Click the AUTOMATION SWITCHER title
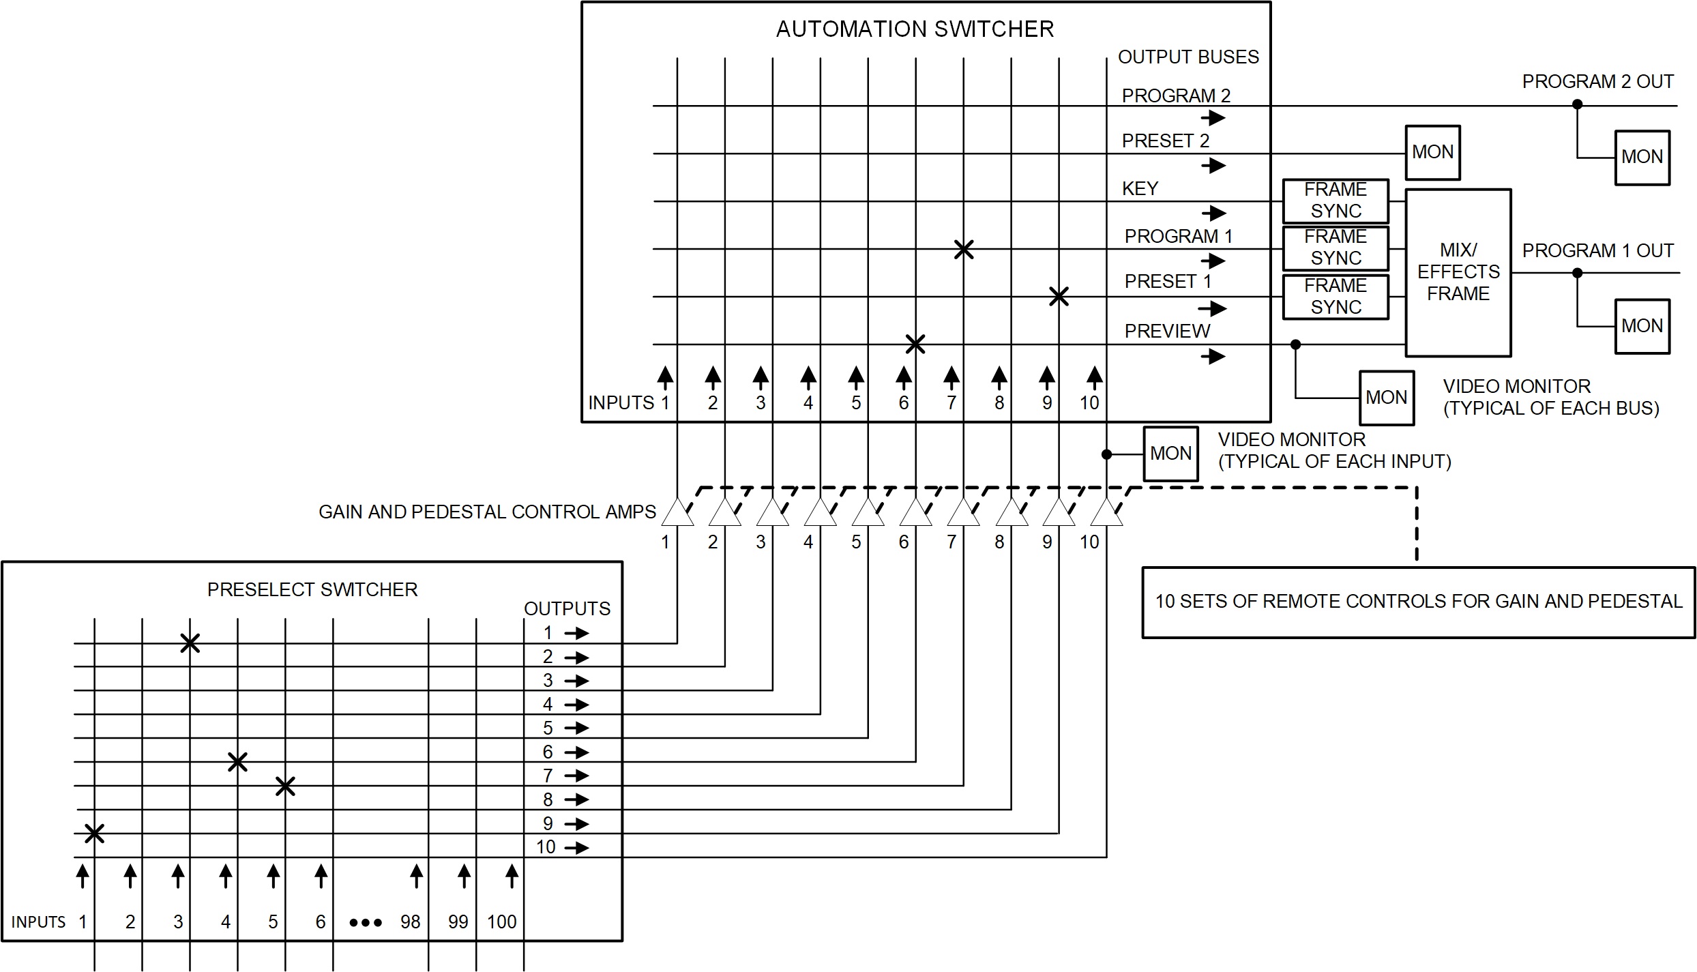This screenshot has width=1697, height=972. [915, 29]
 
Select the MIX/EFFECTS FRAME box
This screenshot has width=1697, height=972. [1458, 273]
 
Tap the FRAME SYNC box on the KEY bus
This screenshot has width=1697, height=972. [1335, 201]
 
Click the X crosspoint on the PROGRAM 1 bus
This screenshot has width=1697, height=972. [963, 250]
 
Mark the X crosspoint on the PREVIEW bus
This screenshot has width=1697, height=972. [915, 344]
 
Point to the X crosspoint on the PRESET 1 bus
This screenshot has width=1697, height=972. [1059, 297]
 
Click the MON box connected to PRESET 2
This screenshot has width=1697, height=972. [1432, 152]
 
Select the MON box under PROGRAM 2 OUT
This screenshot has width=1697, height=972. [1642, 158]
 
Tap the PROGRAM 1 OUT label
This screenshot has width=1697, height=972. [1597, 251]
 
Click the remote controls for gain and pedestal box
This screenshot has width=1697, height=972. [1418, 602]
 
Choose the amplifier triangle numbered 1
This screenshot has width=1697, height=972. [677, 514]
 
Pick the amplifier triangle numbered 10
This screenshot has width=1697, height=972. [1106, 514]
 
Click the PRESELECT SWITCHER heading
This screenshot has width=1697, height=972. [312, 590]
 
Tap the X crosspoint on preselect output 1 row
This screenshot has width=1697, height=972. [190, 643]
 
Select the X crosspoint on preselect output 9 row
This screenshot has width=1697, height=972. [94, 833]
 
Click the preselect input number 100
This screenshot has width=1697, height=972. [501, 922]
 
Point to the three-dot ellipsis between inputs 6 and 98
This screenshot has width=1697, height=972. [366, 923]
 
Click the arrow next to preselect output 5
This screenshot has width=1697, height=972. [577, 728]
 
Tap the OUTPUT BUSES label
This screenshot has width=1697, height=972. [1188, 57]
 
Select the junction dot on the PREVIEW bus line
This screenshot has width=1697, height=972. [1295, 344]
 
